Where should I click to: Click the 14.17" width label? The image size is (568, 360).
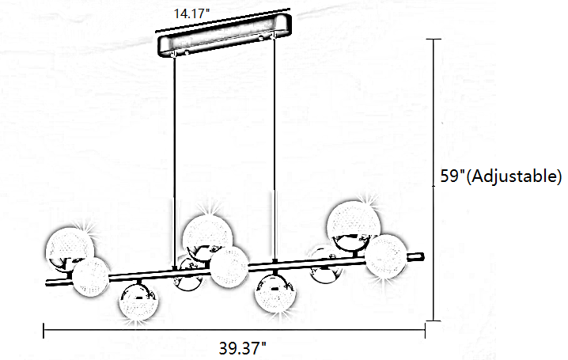point(190,12)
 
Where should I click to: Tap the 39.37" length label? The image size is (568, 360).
point(241,347)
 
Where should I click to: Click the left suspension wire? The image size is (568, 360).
point(174,158)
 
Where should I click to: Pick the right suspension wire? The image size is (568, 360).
point(275,158)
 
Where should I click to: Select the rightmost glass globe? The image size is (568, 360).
point(388,255)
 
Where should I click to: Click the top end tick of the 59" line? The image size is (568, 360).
point(433,38)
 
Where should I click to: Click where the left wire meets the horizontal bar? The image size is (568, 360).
point(174,271)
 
